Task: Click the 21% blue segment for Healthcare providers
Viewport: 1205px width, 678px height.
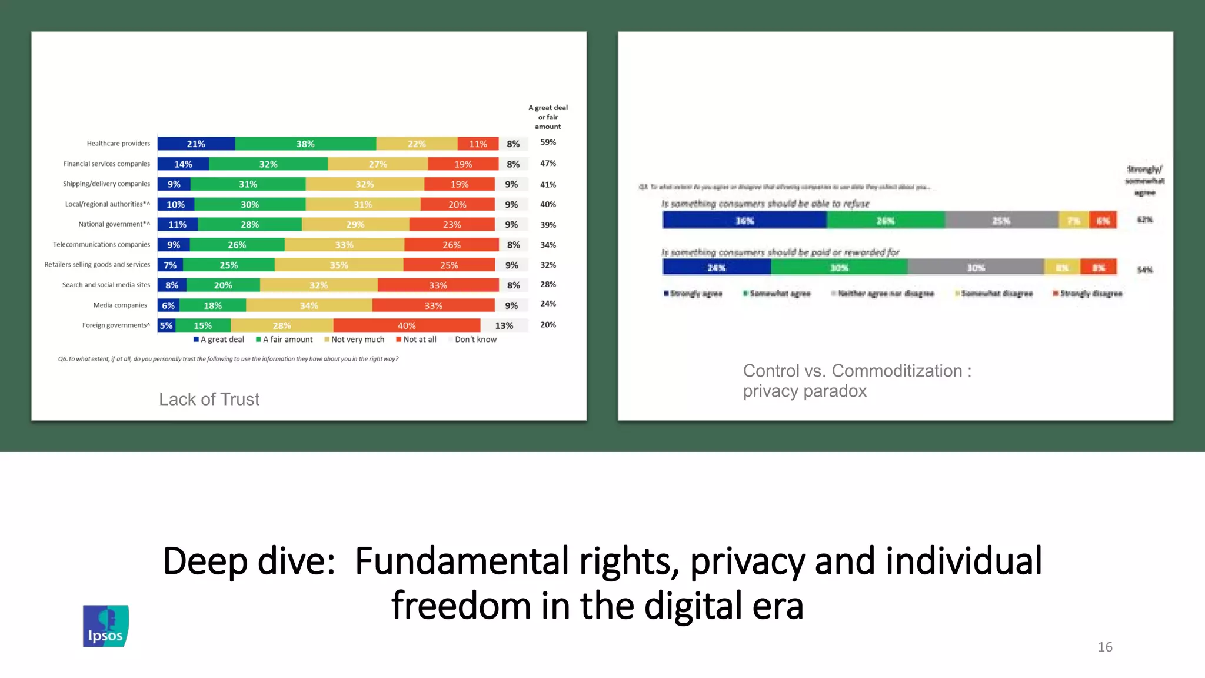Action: point(196,144)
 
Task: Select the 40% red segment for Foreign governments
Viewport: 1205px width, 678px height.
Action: point(407,325)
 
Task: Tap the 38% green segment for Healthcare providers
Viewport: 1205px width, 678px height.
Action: point(305,144)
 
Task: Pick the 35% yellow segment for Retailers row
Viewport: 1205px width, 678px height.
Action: point(339,265)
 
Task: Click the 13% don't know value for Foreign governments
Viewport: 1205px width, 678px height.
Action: point(504,325)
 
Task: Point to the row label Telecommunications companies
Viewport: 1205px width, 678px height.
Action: point(101,244)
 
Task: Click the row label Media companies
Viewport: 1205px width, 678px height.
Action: point(120,305)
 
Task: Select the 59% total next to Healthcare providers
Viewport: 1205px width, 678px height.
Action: point(548,142)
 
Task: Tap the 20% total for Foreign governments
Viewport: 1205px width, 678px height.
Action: point(548,325)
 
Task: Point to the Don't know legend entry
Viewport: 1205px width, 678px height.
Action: point(475,340)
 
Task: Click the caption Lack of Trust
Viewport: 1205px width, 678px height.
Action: point(209,399)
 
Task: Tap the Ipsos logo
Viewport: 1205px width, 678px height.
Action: point(106,626)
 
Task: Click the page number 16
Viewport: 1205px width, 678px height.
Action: point(1104,647)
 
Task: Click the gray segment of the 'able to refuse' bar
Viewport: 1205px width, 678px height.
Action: point(1001,220)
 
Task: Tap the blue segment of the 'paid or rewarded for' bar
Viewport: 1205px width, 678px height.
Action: point(716,267)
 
